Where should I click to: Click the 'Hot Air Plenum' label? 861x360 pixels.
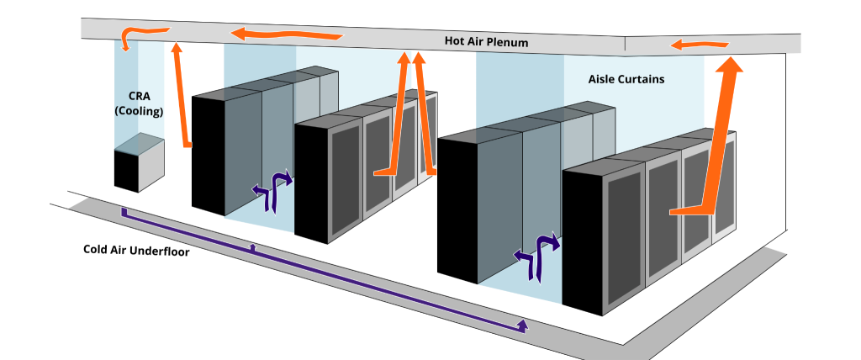487,41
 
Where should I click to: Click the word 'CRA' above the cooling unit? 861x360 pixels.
139,96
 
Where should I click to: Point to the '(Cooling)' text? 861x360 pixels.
139,111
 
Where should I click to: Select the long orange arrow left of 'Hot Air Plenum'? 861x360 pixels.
286,34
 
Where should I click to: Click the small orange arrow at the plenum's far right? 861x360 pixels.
687,45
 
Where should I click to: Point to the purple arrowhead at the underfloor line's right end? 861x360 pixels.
523,326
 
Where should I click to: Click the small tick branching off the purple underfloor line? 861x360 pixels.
253,247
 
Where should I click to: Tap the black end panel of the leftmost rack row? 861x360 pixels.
208,154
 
